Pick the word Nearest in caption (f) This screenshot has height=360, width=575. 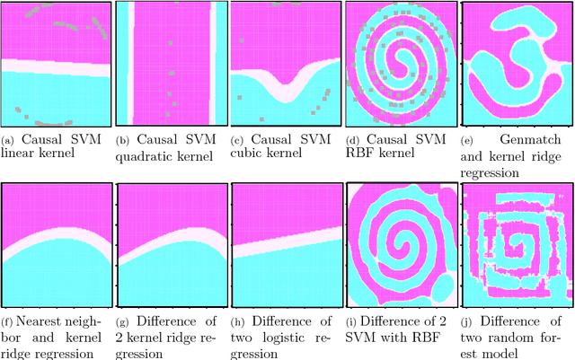[39, 321]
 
